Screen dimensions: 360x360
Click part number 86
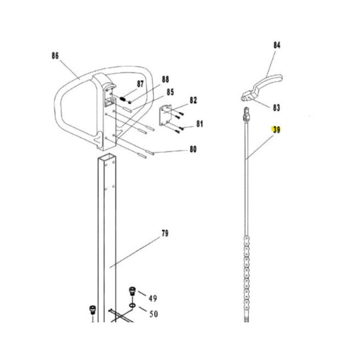(55, 56)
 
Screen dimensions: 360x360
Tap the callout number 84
(277, 45)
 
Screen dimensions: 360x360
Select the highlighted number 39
(277, 130)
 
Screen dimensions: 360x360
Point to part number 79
(165, 233)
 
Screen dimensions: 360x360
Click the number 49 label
(153, 298)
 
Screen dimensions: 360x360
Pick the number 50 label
(153, 313)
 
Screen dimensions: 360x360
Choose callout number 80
(193, 149)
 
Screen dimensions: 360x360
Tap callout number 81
(199, 124)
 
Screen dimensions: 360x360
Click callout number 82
(193, 100)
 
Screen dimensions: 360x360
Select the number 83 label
(277, 107)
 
